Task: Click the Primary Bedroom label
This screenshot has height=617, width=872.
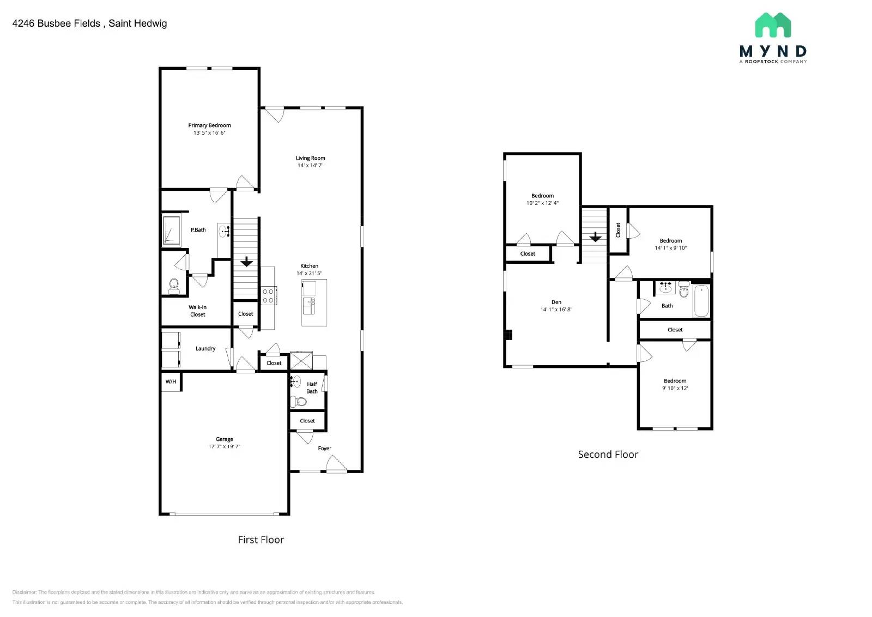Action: (209, 125)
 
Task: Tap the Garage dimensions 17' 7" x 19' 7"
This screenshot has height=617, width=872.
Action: (224, 446)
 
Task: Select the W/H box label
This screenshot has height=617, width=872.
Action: (171, 382)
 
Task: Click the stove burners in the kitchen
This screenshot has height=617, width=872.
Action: (268, 296)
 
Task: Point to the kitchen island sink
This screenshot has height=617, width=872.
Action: (309, 306)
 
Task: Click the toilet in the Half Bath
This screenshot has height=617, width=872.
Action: (299, 402)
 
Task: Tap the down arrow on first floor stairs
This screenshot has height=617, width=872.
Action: (246, 262)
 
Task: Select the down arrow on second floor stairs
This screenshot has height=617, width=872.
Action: (595, 237)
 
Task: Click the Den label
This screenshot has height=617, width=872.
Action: (556, 302)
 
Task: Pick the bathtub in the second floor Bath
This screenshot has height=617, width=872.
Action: (701, 301)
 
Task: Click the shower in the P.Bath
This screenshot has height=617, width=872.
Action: (171, 231)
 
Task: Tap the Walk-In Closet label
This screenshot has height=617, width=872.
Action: (197, 311)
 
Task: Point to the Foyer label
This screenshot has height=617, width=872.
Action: (324, 449)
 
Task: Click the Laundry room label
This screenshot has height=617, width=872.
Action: (205, 349)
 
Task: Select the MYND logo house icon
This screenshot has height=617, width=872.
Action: (773, 25)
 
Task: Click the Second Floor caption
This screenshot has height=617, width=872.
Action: (608, 455)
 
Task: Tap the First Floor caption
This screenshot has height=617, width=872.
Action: (261, 540)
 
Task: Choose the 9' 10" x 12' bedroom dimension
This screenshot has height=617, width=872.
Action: (675, 389)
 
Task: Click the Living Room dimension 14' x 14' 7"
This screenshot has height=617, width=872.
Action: (310, 166)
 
